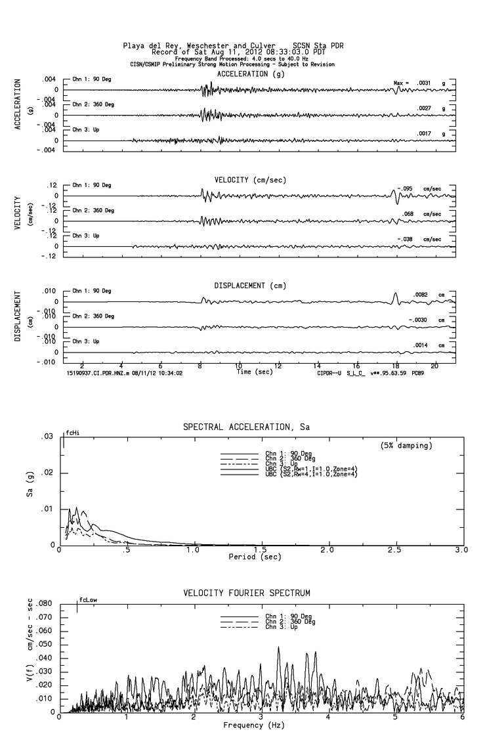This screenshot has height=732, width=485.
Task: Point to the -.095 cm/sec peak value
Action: [x=419, y=188]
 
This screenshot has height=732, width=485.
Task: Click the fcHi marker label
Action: [x=72, y=434]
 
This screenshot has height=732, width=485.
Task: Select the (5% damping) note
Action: [x=406, y=445]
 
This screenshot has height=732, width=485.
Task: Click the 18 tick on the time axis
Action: [x=395, y=366]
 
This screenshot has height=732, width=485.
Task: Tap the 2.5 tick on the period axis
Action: [x=395, y=549]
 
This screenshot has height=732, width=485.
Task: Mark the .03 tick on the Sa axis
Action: [x=47, y=437]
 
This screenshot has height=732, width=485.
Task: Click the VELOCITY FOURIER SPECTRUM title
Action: [x=246, y=593]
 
